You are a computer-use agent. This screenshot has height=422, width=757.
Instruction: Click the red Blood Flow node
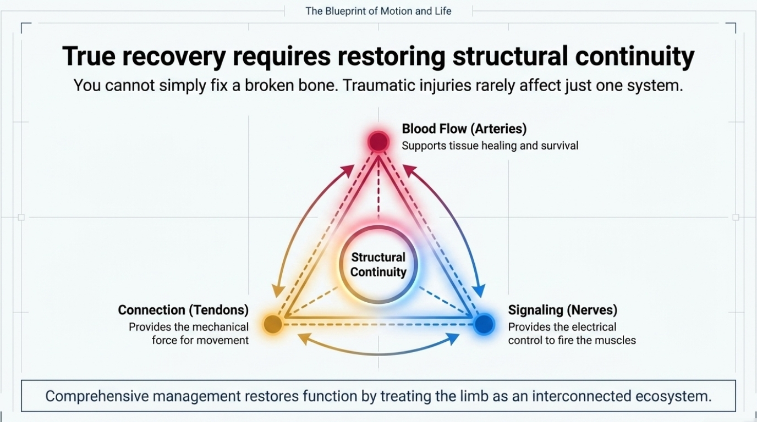378,141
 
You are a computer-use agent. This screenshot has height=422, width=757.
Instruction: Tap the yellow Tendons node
273,324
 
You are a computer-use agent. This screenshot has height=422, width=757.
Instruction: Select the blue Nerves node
484,324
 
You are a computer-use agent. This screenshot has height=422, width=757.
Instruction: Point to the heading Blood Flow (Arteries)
464,129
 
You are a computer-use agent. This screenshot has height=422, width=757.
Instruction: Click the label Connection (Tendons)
183,310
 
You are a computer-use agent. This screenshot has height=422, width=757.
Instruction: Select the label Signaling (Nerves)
563,310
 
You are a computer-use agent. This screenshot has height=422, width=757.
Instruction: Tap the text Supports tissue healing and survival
490,146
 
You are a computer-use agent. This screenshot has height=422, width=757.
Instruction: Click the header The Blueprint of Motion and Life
378,11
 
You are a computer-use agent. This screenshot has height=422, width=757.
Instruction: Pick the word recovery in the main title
174,57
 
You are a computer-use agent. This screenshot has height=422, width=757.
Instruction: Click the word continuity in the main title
635,57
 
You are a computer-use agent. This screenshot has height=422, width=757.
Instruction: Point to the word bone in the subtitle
318,85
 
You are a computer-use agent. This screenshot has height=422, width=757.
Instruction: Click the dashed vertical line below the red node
378,188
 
